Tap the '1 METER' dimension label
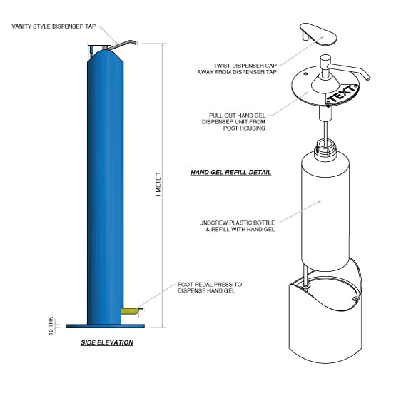(158, 184)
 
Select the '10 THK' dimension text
(51, 326)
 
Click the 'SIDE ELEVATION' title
(107, 342)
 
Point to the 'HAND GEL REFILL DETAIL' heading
(230, 172)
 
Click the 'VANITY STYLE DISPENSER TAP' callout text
(54, 26)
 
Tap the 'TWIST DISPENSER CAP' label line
(245, 66)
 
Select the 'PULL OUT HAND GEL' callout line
(237, 116)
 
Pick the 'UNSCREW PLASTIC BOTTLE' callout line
(237, 223)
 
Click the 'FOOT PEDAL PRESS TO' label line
(210, 285)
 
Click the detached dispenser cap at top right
(318, 34)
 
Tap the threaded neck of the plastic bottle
(325, 148)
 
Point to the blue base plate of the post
(105, 326)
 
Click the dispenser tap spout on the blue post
(123, 44)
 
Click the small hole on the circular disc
(305, 73)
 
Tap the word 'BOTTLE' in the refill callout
(264, 223)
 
